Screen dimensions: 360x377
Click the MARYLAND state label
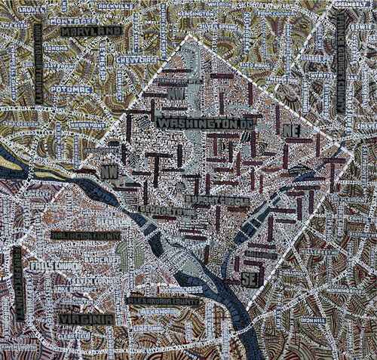pos(91,32)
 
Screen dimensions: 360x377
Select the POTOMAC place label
pos(73,89)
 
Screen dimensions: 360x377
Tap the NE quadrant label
pos(292,131)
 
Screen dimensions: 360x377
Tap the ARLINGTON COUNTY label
pos(86,235)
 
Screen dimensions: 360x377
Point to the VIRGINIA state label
pos(84,319)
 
